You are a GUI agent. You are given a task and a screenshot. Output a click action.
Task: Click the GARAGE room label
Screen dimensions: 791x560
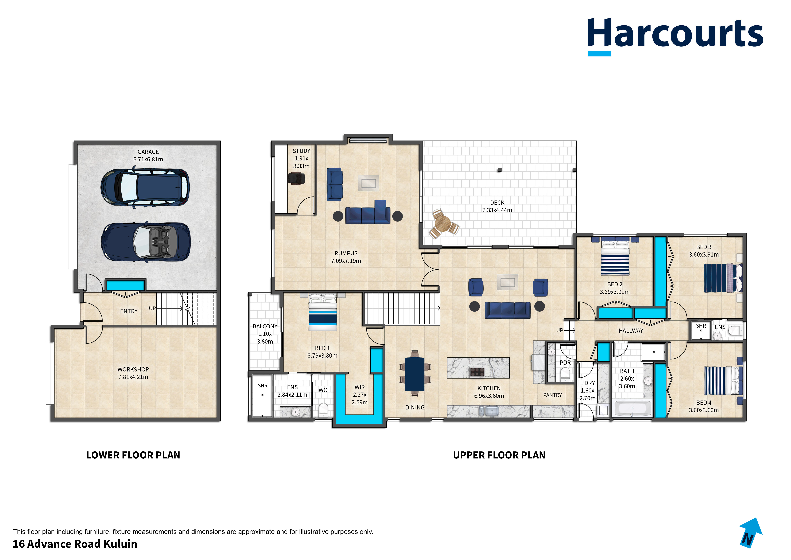coord(148,152)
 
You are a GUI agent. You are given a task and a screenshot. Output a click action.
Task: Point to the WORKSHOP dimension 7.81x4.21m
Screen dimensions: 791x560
coord(133,377)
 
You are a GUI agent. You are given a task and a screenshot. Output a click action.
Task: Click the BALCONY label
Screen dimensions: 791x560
coord(265,326)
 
